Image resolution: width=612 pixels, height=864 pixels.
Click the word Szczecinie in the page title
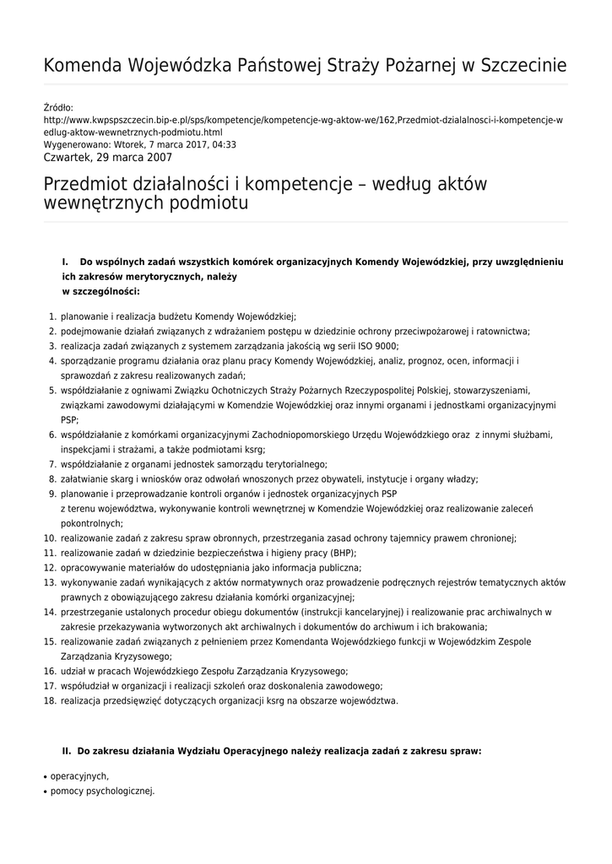coord(523,66)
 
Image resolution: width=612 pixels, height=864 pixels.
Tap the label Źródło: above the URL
coord(58,108)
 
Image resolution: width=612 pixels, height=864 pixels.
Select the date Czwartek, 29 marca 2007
coord(107,157)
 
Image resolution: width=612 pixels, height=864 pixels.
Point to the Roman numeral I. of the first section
coord(65,262)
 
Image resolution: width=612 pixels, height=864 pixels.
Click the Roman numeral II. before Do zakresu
coord(67,749)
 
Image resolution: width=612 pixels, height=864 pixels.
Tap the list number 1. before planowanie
coord(51,316)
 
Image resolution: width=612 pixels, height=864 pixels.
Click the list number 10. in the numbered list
coord(50,538)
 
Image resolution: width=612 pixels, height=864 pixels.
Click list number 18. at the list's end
coord(50,700)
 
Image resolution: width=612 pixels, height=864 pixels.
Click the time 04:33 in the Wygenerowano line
coord(222,144)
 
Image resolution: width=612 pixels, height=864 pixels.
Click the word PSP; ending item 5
coord(69,419)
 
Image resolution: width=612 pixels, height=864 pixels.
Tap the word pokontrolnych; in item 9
coord(92,523)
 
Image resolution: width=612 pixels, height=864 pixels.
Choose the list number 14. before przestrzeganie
coord(50,612)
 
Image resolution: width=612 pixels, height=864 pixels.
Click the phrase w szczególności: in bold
coord(100,291)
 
